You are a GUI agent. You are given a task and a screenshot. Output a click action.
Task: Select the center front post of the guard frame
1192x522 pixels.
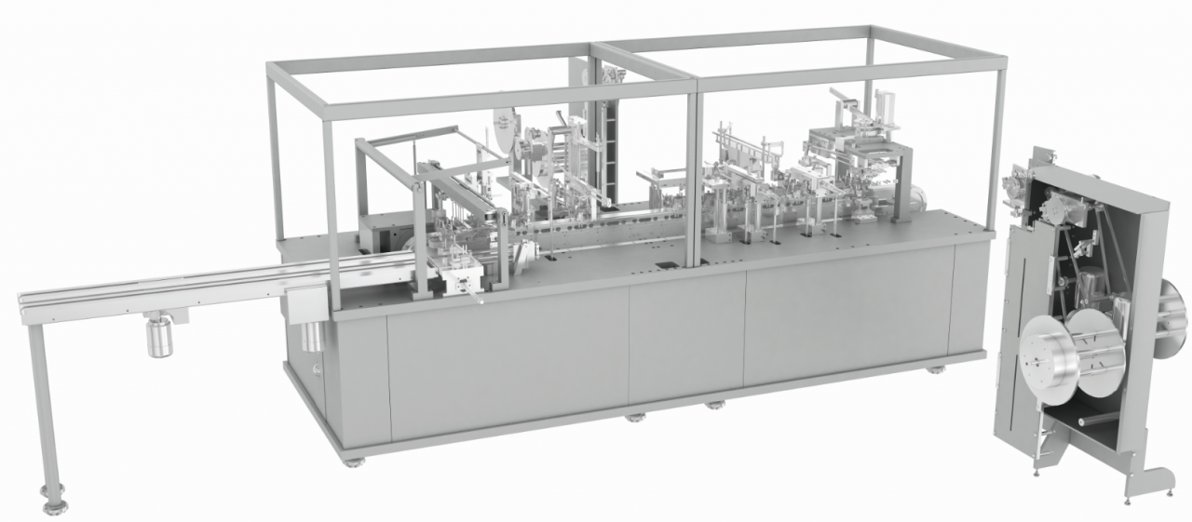pyautogui.click(x=692, y=177)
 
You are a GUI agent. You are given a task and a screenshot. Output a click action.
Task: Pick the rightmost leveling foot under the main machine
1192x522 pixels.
pyautogui.click(x=932, y=369)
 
